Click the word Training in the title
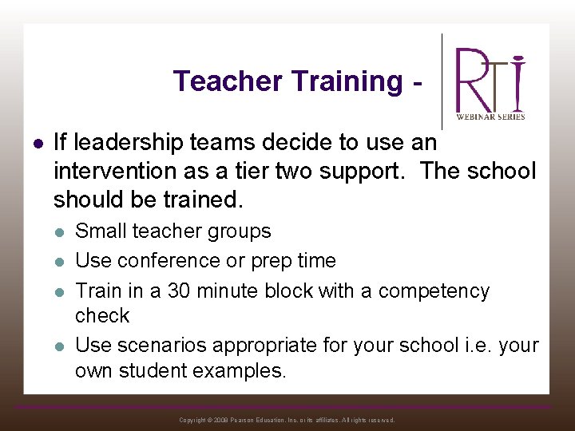[x=347, y=81]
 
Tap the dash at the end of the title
[x=415, y=82]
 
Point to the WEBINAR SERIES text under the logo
[x=490, y=117]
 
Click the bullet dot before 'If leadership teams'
[x=37, y=143]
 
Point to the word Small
[x=97, y=231]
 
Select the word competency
[x=434, y=291]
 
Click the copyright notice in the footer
[x=287, y=420]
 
